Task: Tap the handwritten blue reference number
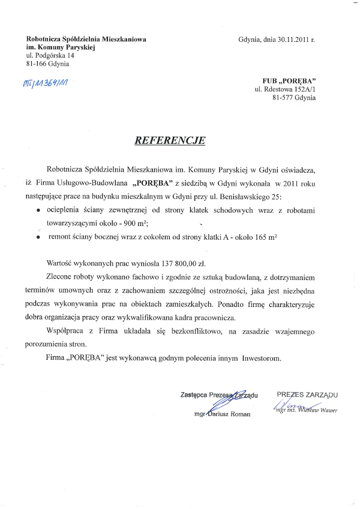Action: (x=45, y=82)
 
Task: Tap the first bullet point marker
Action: (x=38, y=211)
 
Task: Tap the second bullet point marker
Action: (x=38, y=237)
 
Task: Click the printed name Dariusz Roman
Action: (x=229, y=414)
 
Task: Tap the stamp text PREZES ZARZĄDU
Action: (x=307, y=394)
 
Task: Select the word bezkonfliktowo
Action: (x=190, y=331)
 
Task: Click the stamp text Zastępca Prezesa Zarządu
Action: (x=218, y=394)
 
